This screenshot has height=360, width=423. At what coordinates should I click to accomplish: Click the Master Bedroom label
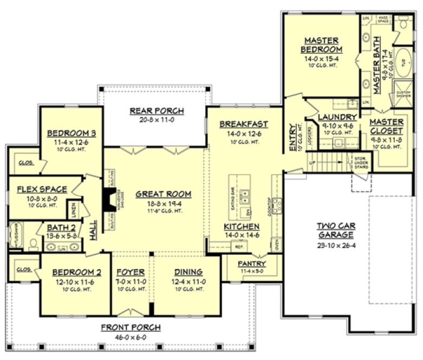pos(321,46)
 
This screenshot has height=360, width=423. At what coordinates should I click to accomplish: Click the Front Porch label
pos(129,327)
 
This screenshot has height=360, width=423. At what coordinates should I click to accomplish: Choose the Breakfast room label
pos(240,124)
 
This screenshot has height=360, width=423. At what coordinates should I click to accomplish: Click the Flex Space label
pos(42,189)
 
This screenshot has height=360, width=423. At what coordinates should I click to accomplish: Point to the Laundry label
pos(337,117)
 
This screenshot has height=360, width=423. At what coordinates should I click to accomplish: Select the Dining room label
pos(188,272)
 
